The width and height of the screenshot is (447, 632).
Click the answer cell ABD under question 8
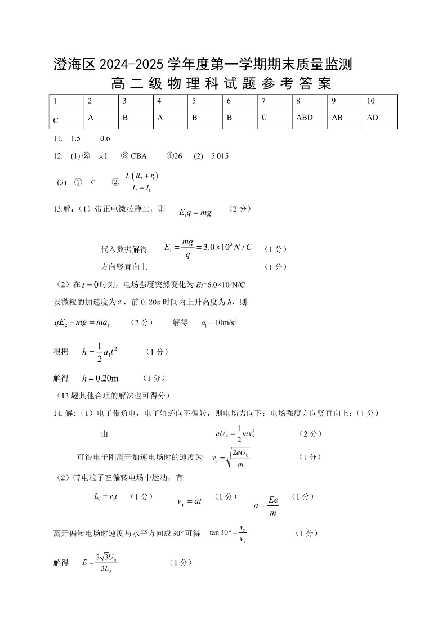[x=304, y=118]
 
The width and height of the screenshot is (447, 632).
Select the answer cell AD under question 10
[x=373, y=118]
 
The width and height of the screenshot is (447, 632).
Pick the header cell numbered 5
[x=194, y=101]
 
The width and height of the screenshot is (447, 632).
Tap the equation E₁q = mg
[x=195, y=213]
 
